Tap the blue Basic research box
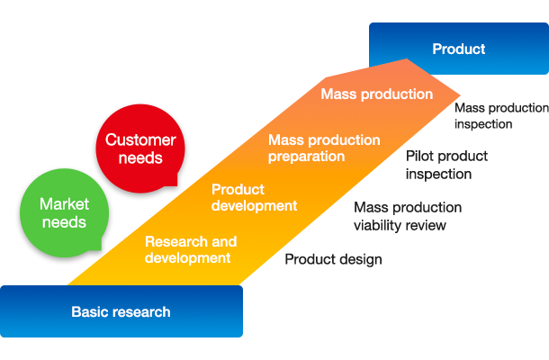tap(121, 311)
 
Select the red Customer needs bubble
tap(140, 148)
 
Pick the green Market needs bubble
tap(64, 213)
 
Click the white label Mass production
tap(377, 94)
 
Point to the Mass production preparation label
tap(324, 148)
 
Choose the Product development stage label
tap(254, 197)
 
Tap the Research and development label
tap(191, 249)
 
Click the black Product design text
tap(333, 259)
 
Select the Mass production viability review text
tap(408, 216)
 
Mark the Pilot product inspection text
tap(446, 165)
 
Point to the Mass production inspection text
tap(501, 116)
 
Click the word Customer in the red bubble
tap(140, 139)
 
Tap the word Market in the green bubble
tap(64, 204)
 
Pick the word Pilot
tap(418, 157)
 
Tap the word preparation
tap(306, 157)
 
